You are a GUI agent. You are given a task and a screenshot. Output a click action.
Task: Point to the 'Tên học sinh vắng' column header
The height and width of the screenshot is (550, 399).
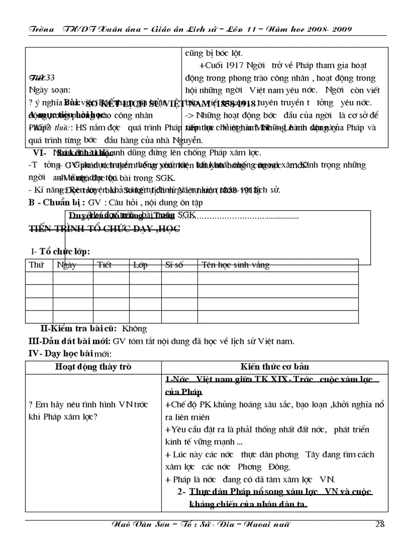tap(235, 265)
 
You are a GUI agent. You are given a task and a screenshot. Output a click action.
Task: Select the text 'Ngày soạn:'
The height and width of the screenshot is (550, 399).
tap(50, 90)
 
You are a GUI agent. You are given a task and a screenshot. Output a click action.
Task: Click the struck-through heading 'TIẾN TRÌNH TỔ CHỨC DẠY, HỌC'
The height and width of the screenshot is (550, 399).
tap(104, 228)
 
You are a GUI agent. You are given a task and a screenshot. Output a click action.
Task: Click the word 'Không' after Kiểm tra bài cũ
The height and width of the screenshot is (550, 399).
tap(134, 329)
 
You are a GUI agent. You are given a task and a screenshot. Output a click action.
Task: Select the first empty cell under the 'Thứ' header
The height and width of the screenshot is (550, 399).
tap(39, 278)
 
